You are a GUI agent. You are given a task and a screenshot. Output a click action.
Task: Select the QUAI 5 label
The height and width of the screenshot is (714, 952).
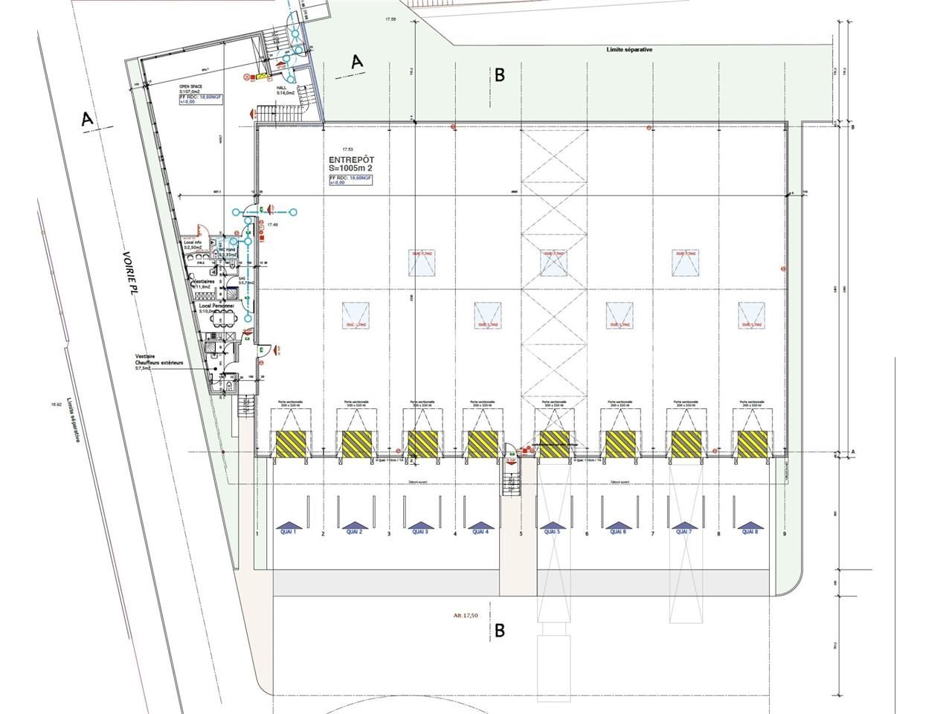point(551,532)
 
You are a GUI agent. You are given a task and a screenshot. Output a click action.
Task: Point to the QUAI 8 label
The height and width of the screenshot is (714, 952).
point(749,532)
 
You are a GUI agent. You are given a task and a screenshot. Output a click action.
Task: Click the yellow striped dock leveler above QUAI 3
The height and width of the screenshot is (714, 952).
point(422,444)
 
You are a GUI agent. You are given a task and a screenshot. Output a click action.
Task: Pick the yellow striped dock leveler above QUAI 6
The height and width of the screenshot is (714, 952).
point(620,444)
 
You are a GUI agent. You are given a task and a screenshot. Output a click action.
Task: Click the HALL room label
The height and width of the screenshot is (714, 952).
point(282,87)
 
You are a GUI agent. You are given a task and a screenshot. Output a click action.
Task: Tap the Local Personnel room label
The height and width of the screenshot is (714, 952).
point(216,305)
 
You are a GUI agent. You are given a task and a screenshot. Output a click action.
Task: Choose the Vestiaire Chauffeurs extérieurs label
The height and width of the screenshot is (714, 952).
point(159,359)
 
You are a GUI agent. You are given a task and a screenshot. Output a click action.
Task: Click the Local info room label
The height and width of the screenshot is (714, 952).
point(194,242)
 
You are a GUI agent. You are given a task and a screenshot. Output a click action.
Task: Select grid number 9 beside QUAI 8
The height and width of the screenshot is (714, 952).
point(784,534)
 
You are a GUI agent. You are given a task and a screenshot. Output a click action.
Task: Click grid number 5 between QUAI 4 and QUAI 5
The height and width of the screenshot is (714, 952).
point(521,534)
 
